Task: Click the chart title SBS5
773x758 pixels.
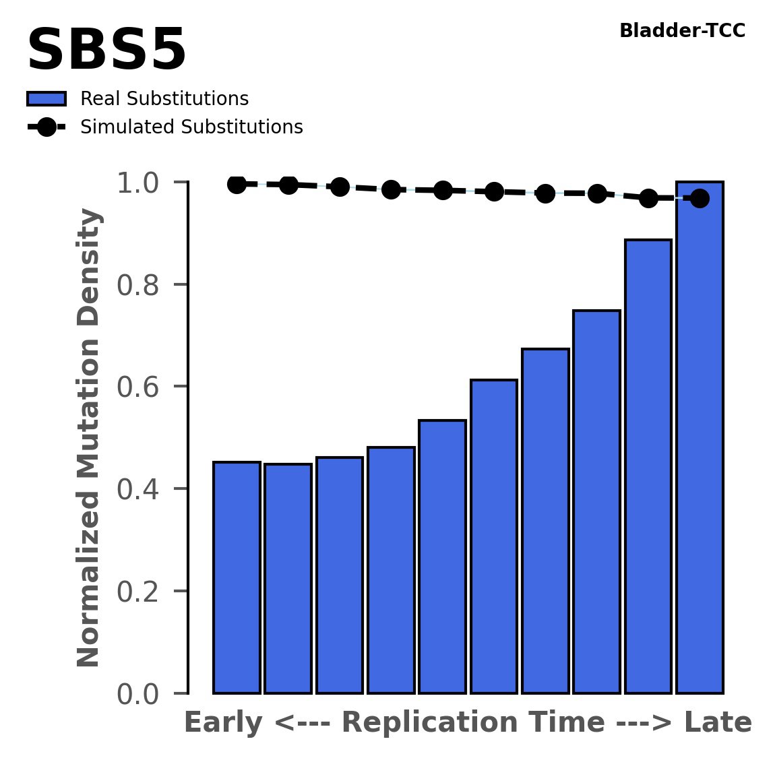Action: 106,51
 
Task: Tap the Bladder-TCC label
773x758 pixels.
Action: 682,31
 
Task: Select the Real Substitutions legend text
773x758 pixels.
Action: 164,99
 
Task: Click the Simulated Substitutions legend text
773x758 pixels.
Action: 191,127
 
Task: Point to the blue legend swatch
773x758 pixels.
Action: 47,99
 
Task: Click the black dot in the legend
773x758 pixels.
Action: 47,127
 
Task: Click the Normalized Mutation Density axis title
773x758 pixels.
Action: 89,438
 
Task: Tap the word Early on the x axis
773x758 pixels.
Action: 223,723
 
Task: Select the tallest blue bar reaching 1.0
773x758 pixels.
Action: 700,438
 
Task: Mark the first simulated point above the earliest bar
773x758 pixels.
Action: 237,184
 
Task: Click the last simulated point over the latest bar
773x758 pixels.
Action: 700,198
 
